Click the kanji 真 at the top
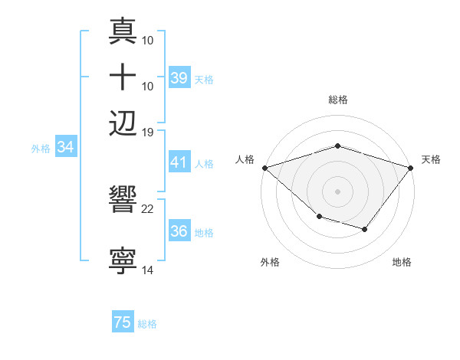[123, 34]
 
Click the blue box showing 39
[179, 78]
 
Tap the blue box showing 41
[179, 162]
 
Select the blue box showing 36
[179, 231]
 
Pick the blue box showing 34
[65, 148]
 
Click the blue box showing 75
[123, 323]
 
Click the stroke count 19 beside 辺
[148, 132]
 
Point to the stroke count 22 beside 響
[148, 208]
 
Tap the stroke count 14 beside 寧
[148, 270]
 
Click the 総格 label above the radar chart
[337, 100]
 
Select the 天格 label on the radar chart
[431, 159]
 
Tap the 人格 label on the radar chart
[245, 159]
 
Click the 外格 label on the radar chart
[269, 262]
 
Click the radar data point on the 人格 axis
[264, 167]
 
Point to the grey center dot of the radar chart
[337, 191]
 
